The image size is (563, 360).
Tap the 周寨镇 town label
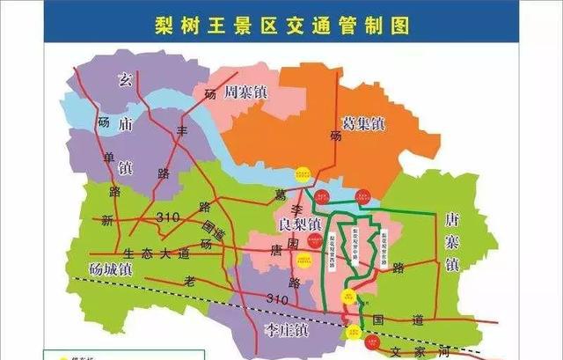(x=246, y=91)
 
